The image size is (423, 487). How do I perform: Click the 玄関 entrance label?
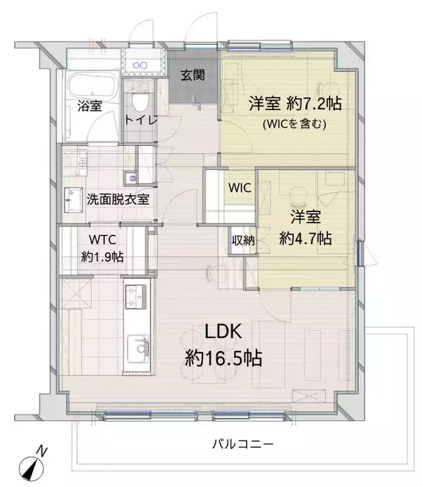[x=192, y=75]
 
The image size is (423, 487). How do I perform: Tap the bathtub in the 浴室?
[x=93, y=85]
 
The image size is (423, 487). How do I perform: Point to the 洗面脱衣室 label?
[x=118, y=199]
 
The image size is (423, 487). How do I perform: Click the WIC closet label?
[x=240, y=187]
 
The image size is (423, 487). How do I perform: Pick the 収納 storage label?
[x=243, y=240]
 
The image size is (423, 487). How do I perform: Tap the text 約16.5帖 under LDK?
[x=223, y=358]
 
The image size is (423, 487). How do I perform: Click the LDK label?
[x=223, y=331]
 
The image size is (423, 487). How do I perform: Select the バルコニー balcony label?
[x=243, y=444]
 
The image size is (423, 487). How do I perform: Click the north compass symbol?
[x=31, y=469]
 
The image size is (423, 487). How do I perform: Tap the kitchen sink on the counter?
[x=138, y=349]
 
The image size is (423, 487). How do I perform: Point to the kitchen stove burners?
[x=136, y=297]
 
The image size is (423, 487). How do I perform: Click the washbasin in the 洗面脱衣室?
[x=73, y=200]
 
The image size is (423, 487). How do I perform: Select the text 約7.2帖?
[x=314, y=104]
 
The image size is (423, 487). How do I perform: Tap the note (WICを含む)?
[x=295, y=124]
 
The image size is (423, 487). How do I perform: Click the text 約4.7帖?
[x=305, y=238]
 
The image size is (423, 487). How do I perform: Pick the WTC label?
[x=102, y=240]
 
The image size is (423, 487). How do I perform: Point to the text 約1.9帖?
[x=102, y=257]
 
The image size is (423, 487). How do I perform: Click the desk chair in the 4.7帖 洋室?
[x=298, y=197]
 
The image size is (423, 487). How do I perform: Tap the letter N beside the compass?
[x=42, y=451]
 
